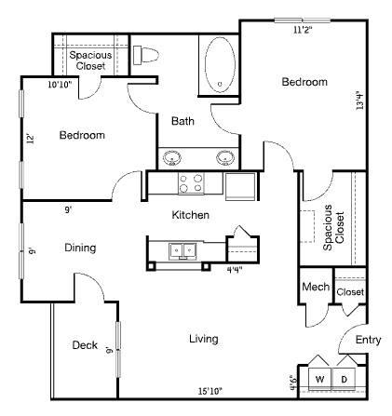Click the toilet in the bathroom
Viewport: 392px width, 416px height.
tap(146, 55)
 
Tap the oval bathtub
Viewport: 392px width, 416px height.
tap(220, 64)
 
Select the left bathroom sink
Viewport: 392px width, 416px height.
tap(172, 157)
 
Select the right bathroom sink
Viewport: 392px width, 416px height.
tap(225, 157)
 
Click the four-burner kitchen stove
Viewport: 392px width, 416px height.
tap(191, 183)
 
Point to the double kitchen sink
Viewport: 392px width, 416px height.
tap(182, 251)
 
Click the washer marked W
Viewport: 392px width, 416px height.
tap(319, 379)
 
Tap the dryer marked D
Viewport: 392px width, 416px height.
tap(344, 379)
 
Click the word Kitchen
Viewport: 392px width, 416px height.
tap(190, 215)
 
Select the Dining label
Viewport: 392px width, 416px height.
tap(80, 248)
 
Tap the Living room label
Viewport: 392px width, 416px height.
tap(204, 339)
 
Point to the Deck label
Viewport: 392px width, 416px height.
tap(85, 345)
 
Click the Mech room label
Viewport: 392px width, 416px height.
tap(316, 287)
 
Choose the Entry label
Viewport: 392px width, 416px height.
tap(368, 340)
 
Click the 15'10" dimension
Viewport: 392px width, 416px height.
tap(210, 391)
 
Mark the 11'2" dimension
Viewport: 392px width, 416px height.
tap(303, 30)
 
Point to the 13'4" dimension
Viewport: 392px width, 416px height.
tap(359, 101)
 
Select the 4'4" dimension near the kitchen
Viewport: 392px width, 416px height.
tap(235, 270)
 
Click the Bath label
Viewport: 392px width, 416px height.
tap(182, 121)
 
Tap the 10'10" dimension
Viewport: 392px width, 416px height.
tap(60, 84)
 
